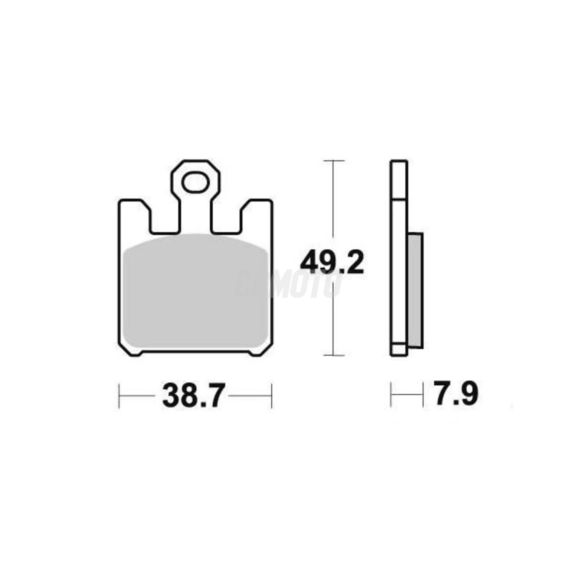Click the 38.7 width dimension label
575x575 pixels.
point(193,396)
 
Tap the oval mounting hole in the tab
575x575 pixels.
point(195,183)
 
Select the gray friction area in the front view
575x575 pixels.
point(195,292)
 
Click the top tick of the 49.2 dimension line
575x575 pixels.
point(332,161)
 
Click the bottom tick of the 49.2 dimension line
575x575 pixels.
point(332,355)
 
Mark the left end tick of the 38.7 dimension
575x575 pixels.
point(119,396)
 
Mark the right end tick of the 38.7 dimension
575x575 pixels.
point(272,396)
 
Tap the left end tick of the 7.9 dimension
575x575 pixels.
point(391,395)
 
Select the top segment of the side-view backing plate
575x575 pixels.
point(399,180)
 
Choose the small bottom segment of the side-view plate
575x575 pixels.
point(398,350)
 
